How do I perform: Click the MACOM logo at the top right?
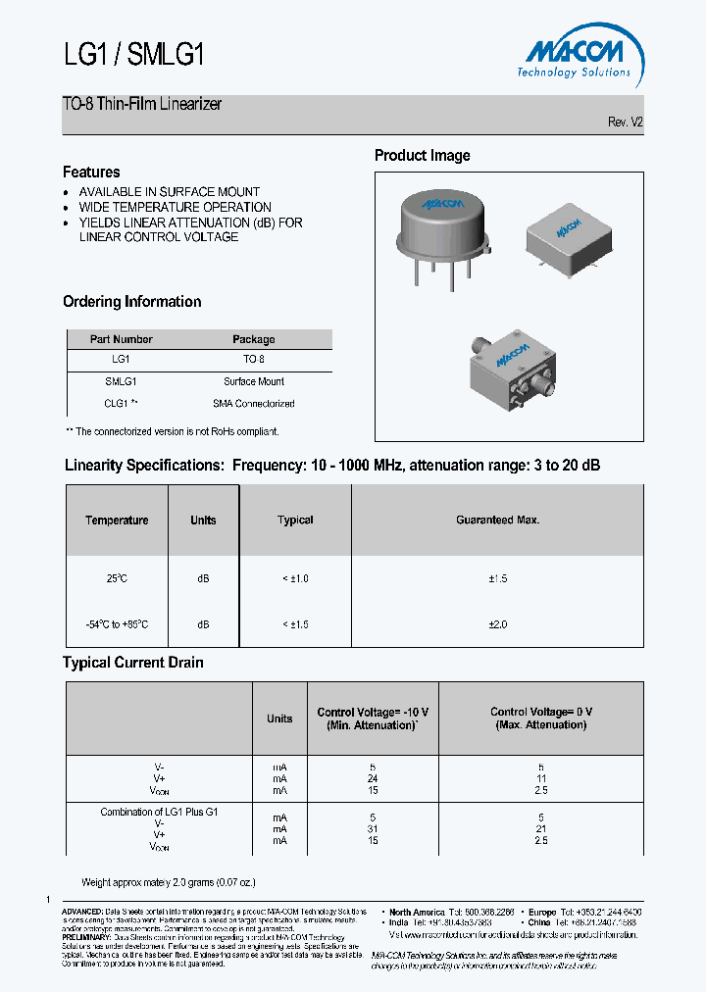[575, 54]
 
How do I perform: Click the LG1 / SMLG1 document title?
[134, 55]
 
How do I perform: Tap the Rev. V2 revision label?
[626, 123]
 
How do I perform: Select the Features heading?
[91, 172]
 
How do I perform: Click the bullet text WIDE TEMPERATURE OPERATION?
[175, 207]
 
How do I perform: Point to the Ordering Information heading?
[131, 302]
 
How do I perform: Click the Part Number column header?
[122, 339]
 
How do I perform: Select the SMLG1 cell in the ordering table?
[121, 381]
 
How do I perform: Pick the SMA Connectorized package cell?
[253, 403]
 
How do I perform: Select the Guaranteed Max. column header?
[497, 521]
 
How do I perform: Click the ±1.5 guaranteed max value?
[497, 579]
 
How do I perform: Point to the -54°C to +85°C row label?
[117, 624]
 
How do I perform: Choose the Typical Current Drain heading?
[132, 663]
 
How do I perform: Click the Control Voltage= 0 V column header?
[540, 719]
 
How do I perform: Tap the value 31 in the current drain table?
[372, 828]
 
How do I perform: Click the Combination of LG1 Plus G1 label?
[159, 813]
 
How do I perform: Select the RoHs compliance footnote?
[173, 431]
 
